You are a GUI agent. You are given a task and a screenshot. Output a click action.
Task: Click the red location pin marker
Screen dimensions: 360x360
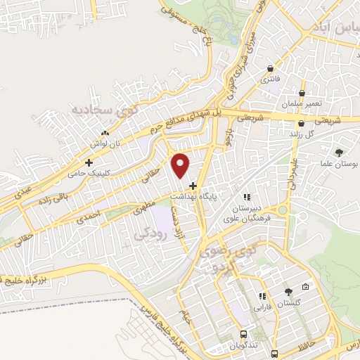pos(181,165)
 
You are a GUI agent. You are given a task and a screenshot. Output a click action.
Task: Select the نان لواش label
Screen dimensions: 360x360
pos(104,142)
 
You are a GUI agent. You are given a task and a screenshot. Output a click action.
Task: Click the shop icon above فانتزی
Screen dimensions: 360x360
pos(271,68)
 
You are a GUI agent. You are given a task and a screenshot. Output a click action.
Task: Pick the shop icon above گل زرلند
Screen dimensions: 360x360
pos(301,123)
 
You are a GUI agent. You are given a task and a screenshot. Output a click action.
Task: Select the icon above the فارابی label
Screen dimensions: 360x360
pos(263,297)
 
